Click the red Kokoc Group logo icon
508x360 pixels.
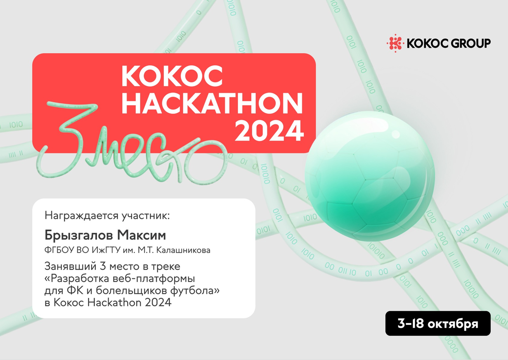(x=395, y=43)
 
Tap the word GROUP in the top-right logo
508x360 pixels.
(x=470, y=43)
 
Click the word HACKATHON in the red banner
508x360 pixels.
(x=212, y=103)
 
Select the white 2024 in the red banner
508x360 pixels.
(x=269, y=131)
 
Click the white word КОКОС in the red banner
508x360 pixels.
(x=172, y=76)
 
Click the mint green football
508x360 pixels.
(x=370, y=176)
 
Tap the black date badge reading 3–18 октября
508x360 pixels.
(x=438, y=323)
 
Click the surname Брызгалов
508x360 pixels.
(x=78, y=235)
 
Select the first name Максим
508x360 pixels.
(x=142, y=235)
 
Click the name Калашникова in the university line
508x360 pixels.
(x=183, y=250)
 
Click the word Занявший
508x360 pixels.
(x=71, y=266)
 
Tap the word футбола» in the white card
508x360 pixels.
(x=195, y=291)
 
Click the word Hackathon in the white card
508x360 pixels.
(x=114, y=302)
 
